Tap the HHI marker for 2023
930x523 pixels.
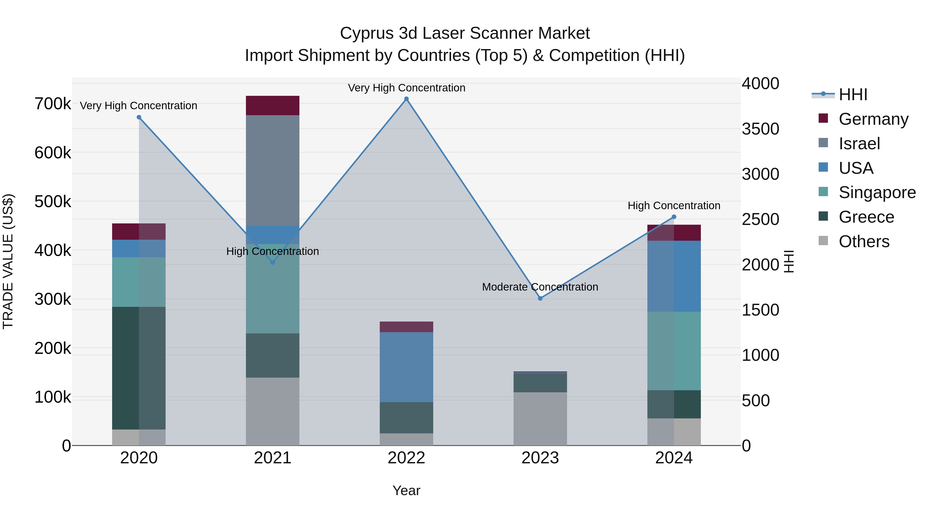coord(540,299)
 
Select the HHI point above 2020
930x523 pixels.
coord(139,117)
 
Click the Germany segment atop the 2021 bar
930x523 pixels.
coord(273,105)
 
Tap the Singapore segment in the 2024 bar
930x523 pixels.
coord(674,351)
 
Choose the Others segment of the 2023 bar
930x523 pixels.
coord(540,419)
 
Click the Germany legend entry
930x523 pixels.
coord(873,119)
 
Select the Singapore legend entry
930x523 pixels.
coord(877,192)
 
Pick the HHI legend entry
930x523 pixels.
coord(853,95)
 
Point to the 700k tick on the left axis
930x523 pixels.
coord(53,104)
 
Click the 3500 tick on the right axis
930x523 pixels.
coord(760,129)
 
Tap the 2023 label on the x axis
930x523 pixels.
coord(540,458)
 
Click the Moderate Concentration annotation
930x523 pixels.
coord(540,287)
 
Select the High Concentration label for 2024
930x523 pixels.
coord(674,206)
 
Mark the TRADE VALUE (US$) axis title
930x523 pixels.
coord(8,261)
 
